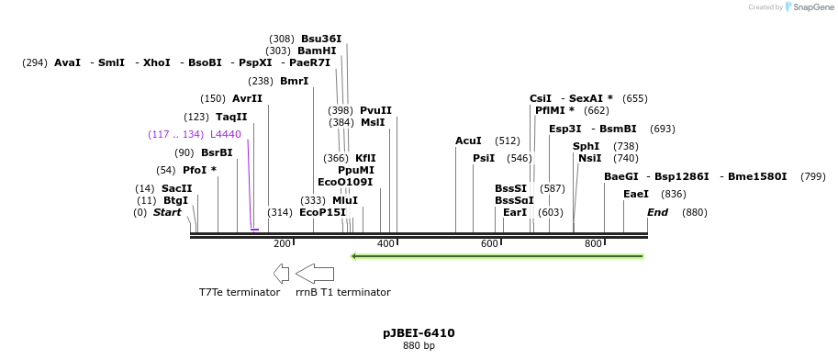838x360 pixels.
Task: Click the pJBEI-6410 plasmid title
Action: click(419, 332)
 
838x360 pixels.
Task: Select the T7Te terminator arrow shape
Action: click(281, 273)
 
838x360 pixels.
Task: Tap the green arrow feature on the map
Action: click(497, 255)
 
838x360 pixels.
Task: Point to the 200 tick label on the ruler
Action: click(282, 243)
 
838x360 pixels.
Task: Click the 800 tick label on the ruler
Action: click(593, 243)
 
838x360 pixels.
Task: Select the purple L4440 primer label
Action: click(225, 134)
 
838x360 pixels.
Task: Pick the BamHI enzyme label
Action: click(317, 51)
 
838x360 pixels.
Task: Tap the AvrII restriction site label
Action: click(247, 98)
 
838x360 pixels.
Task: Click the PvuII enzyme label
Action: click(375, 110)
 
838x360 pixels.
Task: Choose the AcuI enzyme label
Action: click(468, 141)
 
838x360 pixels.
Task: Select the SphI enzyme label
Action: click(586, 146)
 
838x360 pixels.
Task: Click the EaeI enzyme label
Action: click(636, 194)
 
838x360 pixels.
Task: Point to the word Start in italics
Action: click(167, 212)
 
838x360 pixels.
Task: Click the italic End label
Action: click(657, 212)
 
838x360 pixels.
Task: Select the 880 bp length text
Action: click(419, 345)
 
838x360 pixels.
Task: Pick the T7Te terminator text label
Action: click(240, 292)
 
